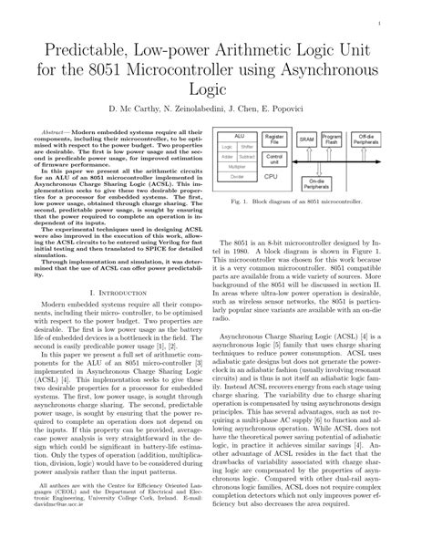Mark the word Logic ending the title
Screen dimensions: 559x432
pos(216,92)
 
